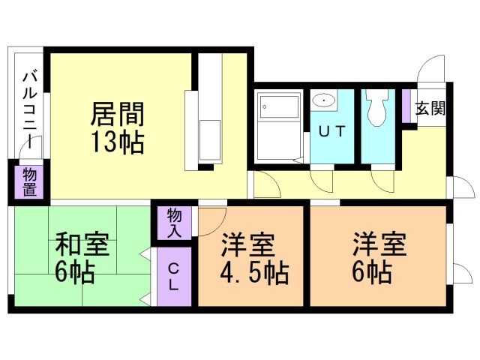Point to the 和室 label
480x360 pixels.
click(x=82, y=245)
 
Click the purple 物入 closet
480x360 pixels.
click(x=174, y=222)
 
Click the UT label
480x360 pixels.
click(x=331, y=132)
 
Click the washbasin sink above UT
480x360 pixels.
click(x=323, y=100)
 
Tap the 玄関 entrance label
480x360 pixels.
click(x=430, y=107)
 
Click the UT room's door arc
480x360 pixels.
click(x=322, y=180)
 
